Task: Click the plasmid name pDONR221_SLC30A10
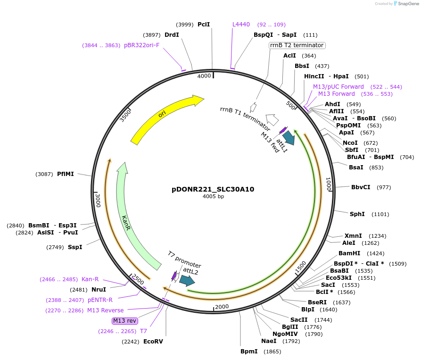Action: coord(213,189)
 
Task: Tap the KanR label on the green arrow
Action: coord(126,223)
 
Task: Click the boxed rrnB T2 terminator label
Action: coord(297,45)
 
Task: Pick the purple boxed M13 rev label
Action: coord(125,321)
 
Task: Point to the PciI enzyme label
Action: coord(204,25)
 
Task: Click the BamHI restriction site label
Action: coord(349,253)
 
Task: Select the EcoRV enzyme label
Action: coord(153,341)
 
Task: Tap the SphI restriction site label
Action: coord(357,214)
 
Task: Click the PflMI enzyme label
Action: coord(66,174)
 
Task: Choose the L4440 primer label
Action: coord(241,25)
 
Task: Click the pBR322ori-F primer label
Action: coord(141,45)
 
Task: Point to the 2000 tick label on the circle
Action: coord(222,307)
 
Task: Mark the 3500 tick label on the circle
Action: coord(125,115)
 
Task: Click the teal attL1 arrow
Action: coord(288,138)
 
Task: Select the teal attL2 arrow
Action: coord(187,281)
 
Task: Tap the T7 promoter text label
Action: coord(184,260)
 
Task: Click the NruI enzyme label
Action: coord(99,289)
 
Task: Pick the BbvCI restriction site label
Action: coord(361,187)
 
